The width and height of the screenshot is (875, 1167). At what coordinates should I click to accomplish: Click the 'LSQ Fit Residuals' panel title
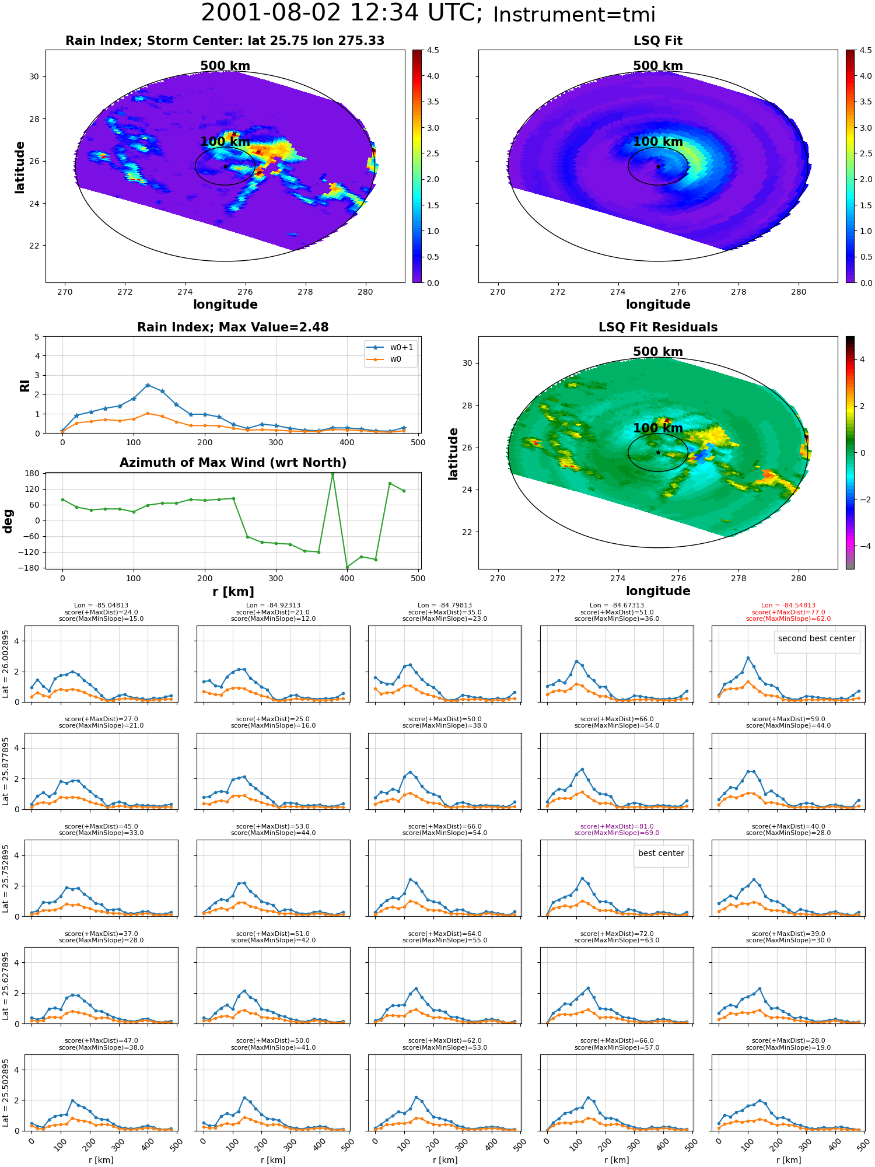(x=658, y=327)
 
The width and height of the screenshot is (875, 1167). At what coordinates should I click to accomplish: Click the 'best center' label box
(x=661, y=853)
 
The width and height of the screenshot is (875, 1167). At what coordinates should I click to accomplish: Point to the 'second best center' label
(x=817, y=638)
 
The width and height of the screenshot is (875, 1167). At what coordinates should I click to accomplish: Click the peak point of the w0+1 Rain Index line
(x=148, y=385)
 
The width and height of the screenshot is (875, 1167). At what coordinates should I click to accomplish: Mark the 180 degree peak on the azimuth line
(x=332, y=474)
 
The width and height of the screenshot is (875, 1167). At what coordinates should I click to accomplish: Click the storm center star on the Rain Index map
(x=225, y=166)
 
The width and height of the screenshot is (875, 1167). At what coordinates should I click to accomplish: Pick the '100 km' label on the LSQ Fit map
(x=658, y=142)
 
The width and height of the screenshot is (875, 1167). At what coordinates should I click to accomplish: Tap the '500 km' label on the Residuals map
(x=658, y=352)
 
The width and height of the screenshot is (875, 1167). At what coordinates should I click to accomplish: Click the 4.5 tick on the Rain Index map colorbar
(x=433, y=50)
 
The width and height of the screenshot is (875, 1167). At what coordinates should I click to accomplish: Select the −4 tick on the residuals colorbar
(x=863, y=546)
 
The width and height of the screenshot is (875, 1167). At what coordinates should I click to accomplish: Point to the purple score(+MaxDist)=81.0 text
(x=617, y=826)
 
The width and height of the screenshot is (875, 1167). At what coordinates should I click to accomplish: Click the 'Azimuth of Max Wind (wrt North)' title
(x=233, y=463)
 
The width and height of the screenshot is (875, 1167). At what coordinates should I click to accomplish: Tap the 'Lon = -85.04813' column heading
(x=101, y=606)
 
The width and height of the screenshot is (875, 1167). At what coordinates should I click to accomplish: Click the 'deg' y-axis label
(x=8, y=521)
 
